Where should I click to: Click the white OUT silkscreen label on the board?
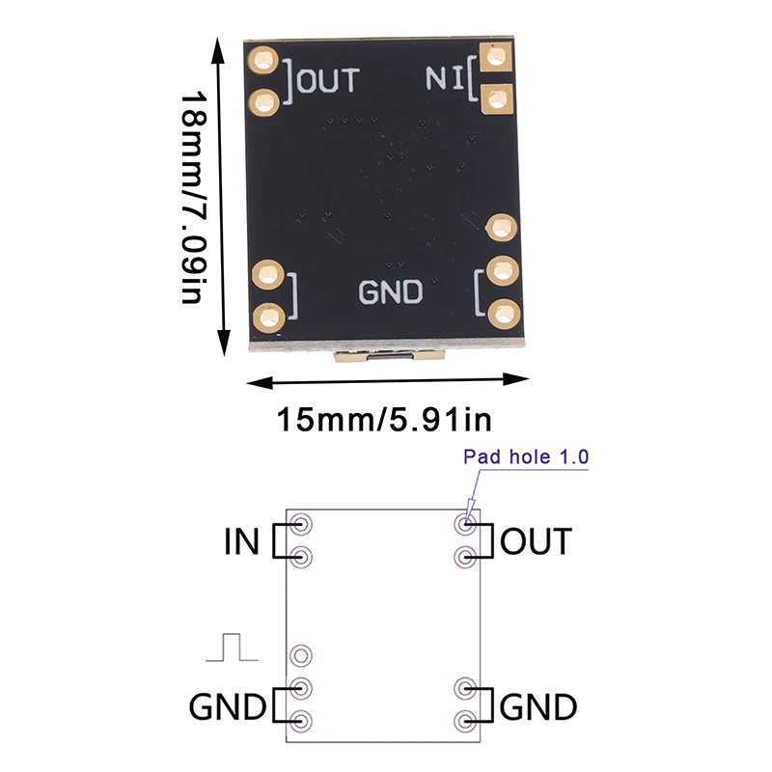(327, 79)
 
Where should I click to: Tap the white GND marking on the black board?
(391, 291)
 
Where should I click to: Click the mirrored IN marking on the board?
(444, 77)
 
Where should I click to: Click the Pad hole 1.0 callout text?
(526, 457)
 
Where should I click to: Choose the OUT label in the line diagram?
(536, 541)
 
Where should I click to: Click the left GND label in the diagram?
(227, 707)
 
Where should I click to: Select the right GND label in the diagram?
(538, 707)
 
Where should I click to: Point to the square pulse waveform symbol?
(232, 648)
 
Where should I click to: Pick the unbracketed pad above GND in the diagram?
(301, 656)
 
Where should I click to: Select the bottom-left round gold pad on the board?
(267, 315)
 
